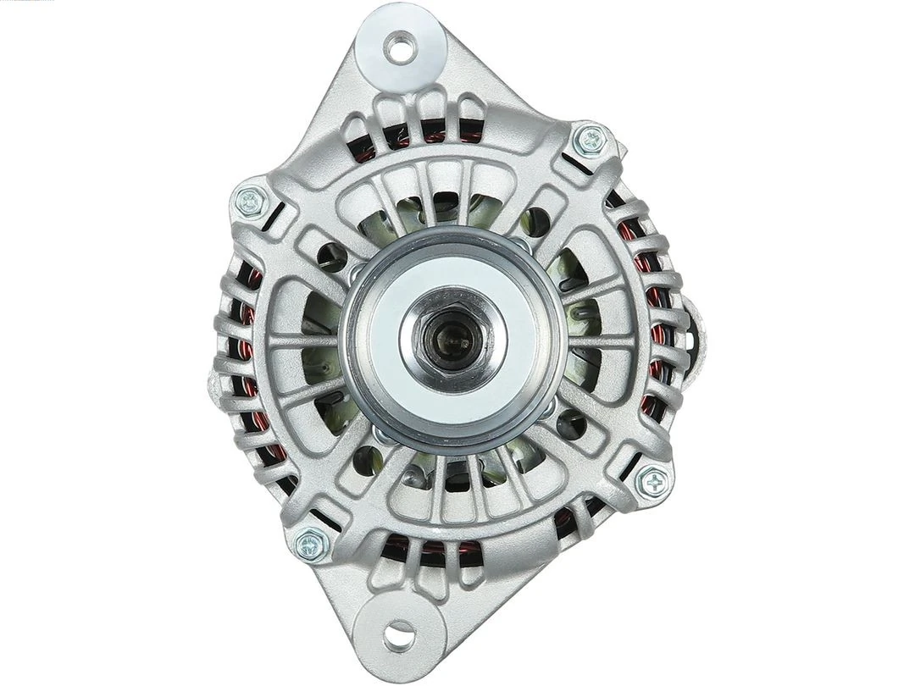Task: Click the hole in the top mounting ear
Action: pyautogui.click(x=401, y=46)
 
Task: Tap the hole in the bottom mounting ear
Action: pyautogui.click(x=400, y=632)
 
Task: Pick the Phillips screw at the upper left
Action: pyautogui.click(x=250, y=201)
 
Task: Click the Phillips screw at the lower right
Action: pyautogui.click(x=654, y=482)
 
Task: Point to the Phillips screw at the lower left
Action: pyautogui.click(x=312, y=544)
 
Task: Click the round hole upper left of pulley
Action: pyautogui.click(x=331, y=257)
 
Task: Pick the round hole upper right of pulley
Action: pyautogui.click(x=537, y=223)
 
